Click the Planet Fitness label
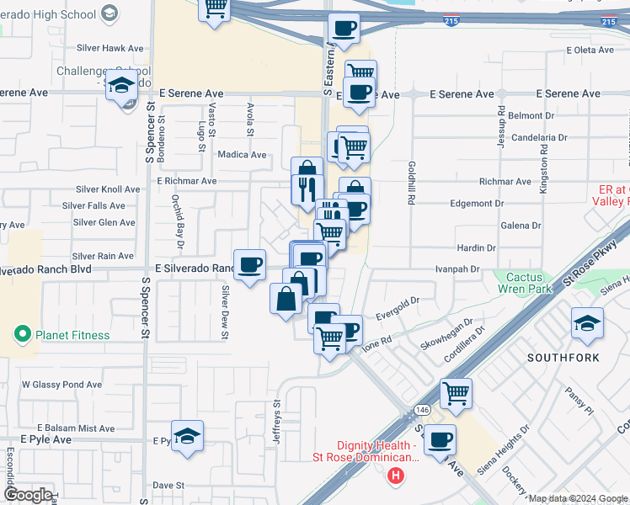click(72, 335)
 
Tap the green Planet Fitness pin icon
click(23, 335)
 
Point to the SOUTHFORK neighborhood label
click(563, 358)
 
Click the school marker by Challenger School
click(122, 87)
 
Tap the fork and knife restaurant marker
click(307, 188)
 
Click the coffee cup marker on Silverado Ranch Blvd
click(249, 266)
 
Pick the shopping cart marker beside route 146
click(456, 393)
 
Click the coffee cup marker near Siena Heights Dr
click(440, 440)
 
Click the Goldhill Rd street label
click(412, 184)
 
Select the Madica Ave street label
click(242, 155)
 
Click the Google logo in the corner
click(28, 495)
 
